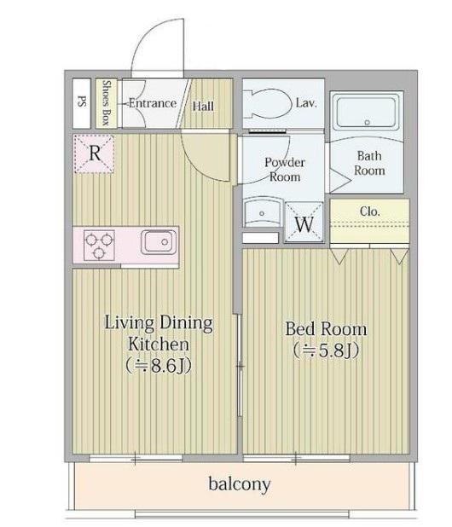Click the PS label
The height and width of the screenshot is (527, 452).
[82, 101]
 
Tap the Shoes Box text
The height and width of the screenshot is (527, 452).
[107, 102]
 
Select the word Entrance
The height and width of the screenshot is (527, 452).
[153, 103]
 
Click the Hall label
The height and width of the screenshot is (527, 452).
[203, 107]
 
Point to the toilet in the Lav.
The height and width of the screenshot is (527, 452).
[267, 103]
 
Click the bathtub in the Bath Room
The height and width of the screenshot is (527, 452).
[367, 112]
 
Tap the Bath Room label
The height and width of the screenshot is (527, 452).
[369, 163]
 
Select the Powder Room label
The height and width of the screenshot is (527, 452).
[285, 169]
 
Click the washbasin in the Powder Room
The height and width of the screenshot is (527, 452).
[263, 212]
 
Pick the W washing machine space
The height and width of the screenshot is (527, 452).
[304, 222]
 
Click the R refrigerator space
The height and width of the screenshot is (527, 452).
[94, 153]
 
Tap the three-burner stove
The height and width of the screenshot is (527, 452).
[99, 245]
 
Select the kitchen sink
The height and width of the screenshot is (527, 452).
[159, 242]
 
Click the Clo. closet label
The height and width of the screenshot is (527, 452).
[369, 211]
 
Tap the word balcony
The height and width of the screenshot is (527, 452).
[240, 484]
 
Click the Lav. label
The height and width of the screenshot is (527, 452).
[306, 103]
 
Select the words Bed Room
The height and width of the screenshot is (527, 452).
[326, 328]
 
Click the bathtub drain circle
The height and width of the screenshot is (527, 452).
[367, 122]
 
